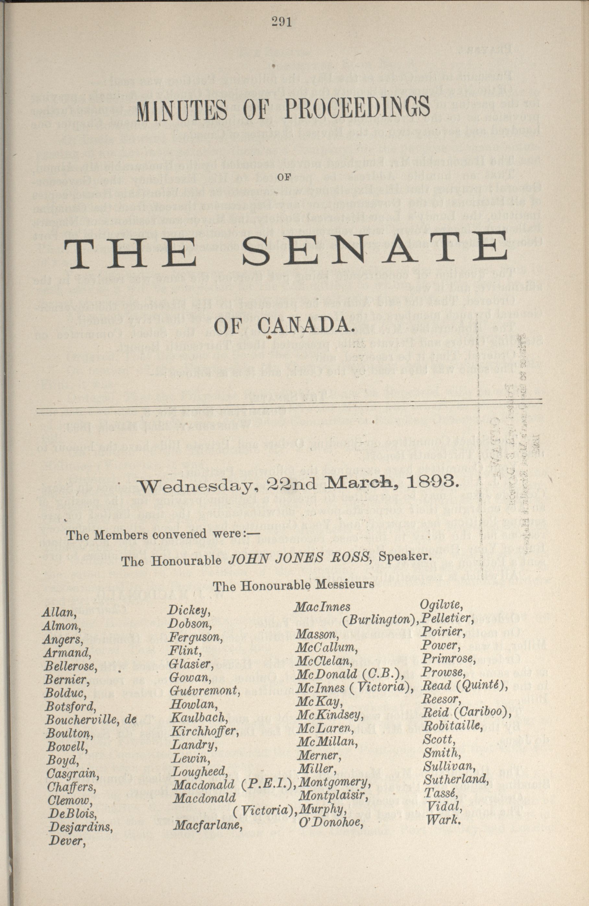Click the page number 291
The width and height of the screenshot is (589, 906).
(x=282, y=22)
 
